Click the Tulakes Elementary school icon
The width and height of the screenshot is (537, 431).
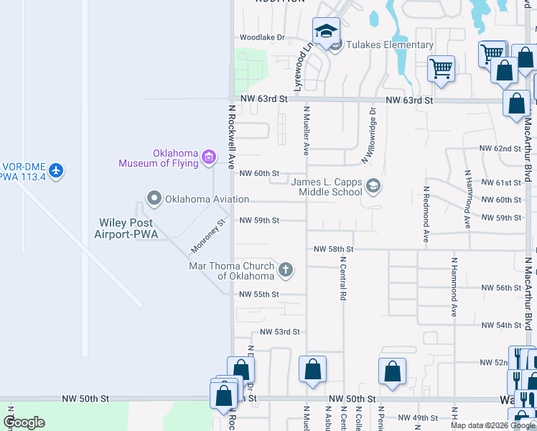[326, 32]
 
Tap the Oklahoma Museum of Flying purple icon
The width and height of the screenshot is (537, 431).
[209, 157]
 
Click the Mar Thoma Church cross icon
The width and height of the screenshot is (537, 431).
[286, 270]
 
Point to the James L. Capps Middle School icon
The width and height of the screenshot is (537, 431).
[373, 187]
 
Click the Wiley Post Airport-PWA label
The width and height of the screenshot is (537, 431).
[126, 228]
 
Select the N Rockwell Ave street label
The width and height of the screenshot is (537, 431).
[232, 137]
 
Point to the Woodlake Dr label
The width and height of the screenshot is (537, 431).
[262, 37]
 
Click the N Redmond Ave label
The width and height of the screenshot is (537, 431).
[426, 213]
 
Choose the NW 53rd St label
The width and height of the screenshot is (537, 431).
[279, 332]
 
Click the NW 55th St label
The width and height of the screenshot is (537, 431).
[258, 295]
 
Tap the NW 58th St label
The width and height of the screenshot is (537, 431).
[334, 249]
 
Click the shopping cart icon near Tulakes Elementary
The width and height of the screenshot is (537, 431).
[441, 69]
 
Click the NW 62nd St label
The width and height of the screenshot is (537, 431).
[500, 149]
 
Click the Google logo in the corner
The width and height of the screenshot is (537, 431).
[24, 422]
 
